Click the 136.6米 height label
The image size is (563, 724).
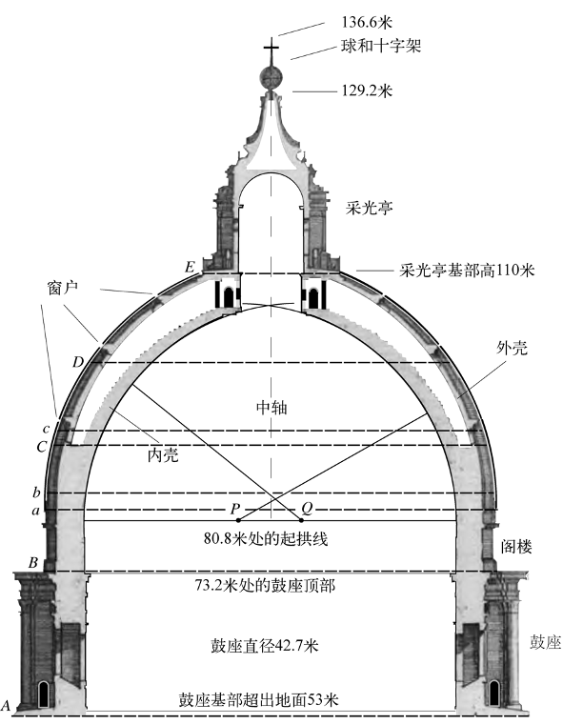click(x=367, y=22)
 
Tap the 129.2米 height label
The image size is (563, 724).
click(x=367, y=90)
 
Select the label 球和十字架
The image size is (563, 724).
click(x=381, y=46)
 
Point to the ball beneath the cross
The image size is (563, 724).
click(x=271, y=76)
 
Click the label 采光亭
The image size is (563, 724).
click(x=369, y=209)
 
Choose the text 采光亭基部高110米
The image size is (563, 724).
click(x=467, y=271)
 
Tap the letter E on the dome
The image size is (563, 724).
click(x=190, y=267)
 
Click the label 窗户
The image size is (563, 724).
click(x=62, y=288)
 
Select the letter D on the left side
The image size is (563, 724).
click(x=78, y=362)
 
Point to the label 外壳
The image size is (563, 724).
click(x=512, y=348)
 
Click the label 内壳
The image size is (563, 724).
click(x=163, y=455)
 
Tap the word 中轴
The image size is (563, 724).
click(x=271, y=408)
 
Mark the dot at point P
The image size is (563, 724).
click(x=238, y=520)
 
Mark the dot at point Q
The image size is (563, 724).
click(x=302, y=520)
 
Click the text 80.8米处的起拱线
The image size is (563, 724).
click(x=266, y=538)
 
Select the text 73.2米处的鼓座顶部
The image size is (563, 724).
click(x=265, y=586)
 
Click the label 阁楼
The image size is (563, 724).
click(x=517, y=547)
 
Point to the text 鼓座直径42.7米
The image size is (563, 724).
click(x=264, y=646)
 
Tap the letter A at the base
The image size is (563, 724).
click(x=6, y=705)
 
